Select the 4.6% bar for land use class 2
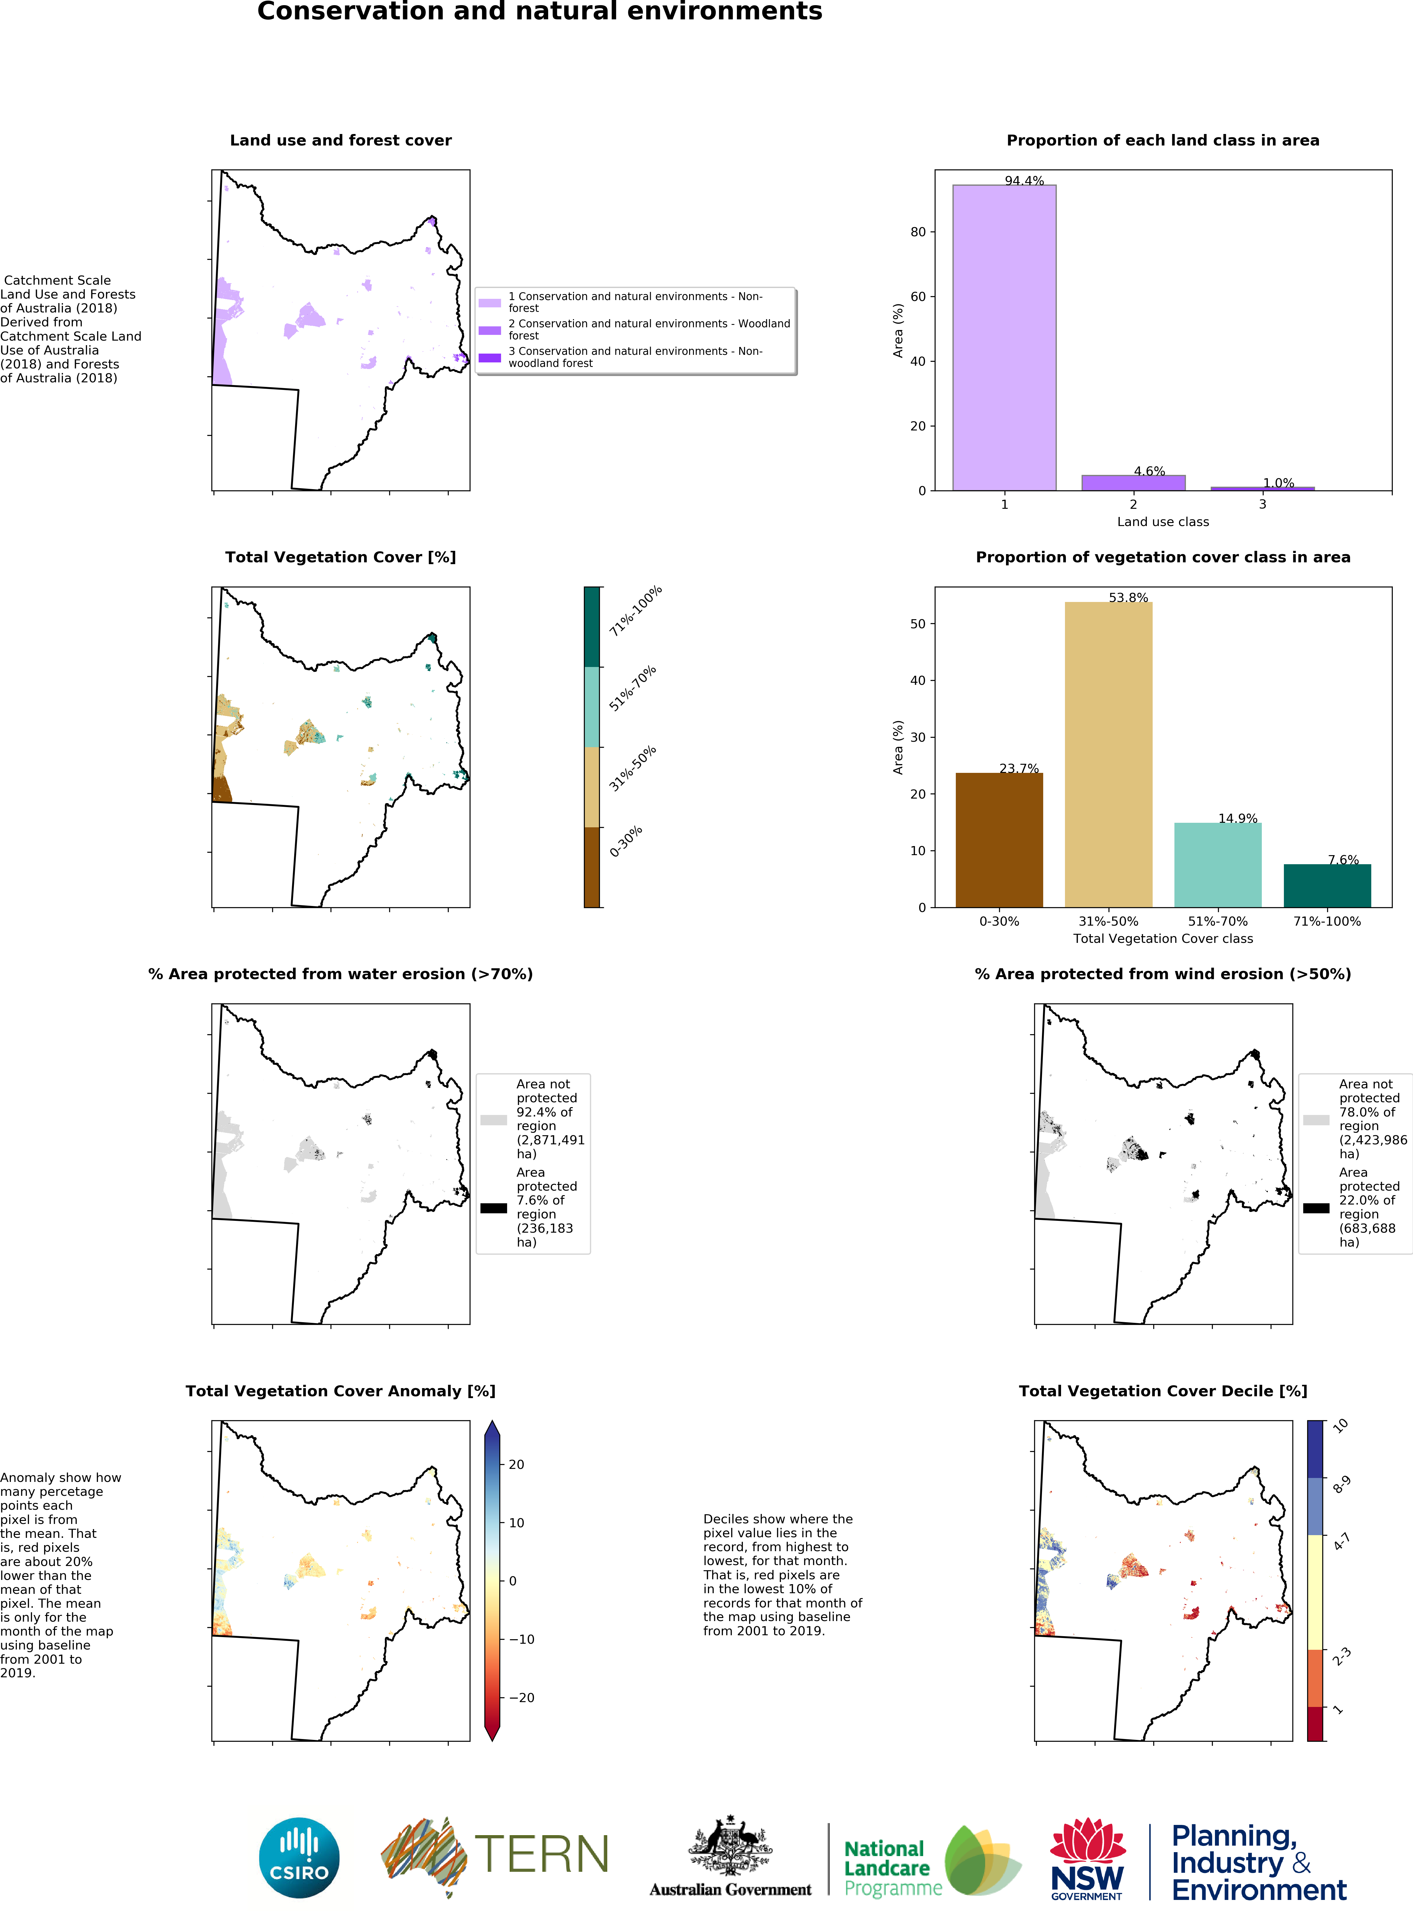1133,482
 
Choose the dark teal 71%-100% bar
1327,886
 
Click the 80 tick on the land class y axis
918,232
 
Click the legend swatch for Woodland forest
489,330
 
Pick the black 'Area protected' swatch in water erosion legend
493,1208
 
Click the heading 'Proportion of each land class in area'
1162,140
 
